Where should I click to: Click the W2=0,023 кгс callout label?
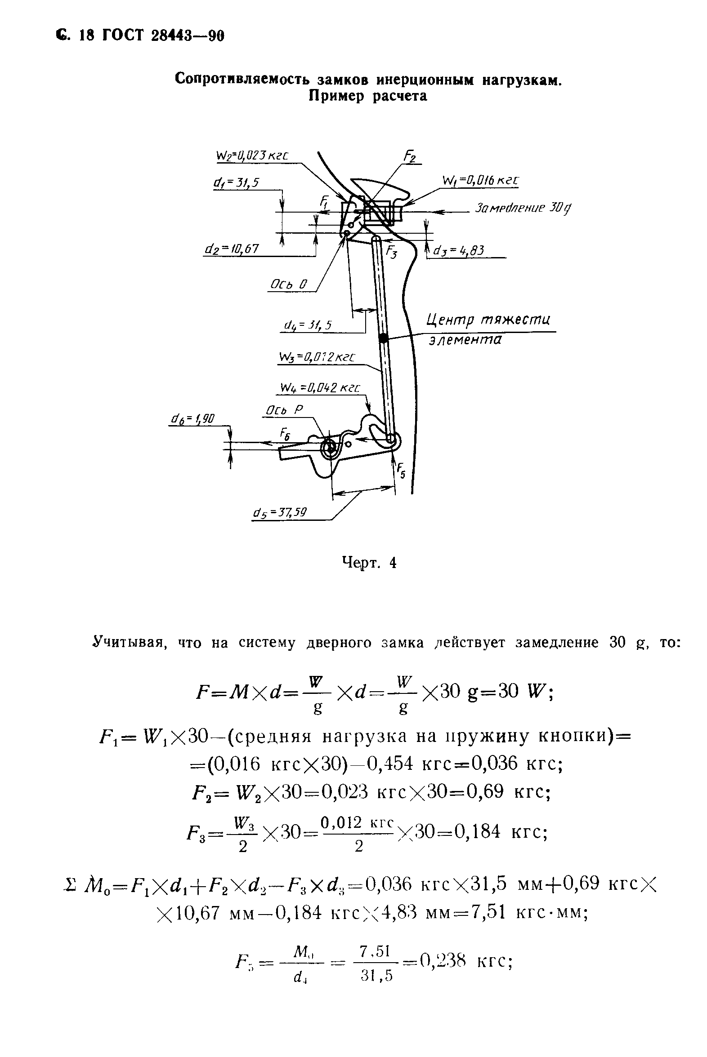[x=252, y=156]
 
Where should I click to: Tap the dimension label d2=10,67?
[x=232, y=249]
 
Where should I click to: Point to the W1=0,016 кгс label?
[x=480, y=181]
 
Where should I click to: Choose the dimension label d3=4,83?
[x=458, y=250]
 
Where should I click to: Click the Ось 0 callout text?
[x=288, y=285]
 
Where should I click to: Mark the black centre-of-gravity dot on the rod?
[x=383, y=338]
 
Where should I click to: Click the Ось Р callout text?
[x=284, y=410]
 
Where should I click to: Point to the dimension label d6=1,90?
[x=192, y=419]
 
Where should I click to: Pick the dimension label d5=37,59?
[x=280, y=513]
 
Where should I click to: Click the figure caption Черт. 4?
[x=369, y=563]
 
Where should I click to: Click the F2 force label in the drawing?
[x=409, y=156]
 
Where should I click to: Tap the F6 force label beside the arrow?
[x=285, y=434]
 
